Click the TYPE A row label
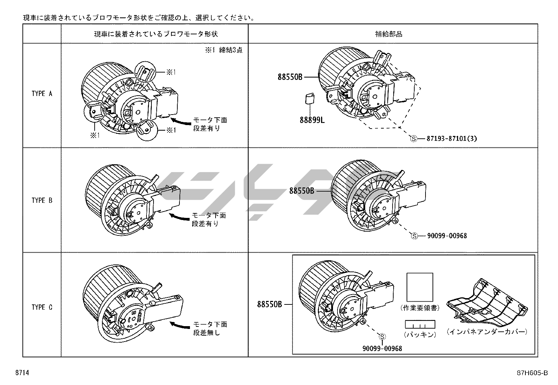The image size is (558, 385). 42,94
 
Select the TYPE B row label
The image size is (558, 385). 42,200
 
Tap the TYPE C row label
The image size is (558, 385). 42,307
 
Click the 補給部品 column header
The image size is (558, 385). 393,34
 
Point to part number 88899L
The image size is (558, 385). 312,120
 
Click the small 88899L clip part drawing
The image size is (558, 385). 309,98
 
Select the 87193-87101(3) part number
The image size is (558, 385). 452,138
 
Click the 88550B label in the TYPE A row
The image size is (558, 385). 290,77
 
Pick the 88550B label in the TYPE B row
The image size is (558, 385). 301,191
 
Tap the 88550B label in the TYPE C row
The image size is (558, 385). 270,304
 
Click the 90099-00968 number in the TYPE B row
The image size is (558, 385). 447,236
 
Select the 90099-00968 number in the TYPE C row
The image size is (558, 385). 382,348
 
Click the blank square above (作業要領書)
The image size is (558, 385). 420,287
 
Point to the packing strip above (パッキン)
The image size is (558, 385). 420,324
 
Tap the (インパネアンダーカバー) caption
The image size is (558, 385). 487,331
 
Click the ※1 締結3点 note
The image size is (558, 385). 224,50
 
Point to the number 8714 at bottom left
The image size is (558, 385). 22,373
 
